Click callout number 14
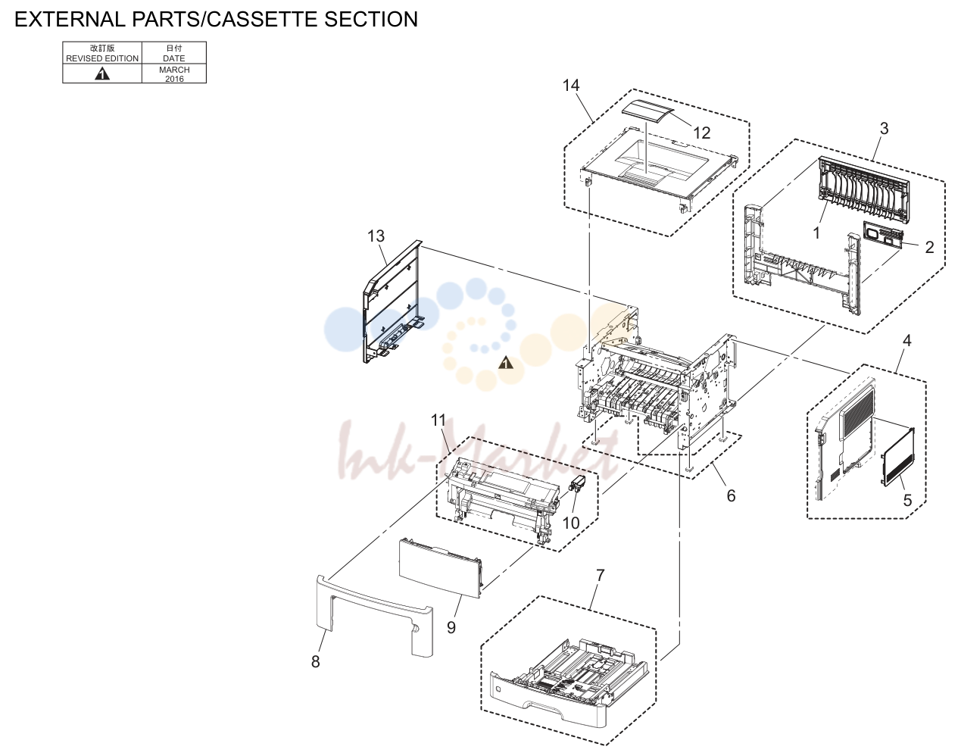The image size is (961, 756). tap(571, 86)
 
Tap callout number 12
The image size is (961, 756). tap(701, 133)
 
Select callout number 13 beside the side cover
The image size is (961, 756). tap(376, 236)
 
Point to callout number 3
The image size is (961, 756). tap(884, 129)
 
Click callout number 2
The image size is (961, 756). tap(929, 247)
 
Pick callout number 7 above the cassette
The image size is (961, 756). tap(601, 575)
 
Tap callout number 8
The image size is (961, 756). tap(315, 662)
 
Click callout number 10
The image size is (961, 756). tap(571, 523)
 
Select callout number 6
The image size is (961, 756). tap(731, 495)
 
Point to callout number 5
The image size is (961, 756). tap(907, 500)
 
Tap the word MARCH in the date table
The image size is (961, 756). tap(174, 70)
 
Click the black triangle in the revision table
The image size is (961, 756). tap(102, 73)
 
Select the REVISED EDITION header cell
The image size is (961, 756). tap(102, 53)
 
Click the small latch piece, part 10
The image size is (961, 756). tap(578, 483)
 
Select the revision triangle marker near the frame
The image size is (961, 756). tap(506, 363)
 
